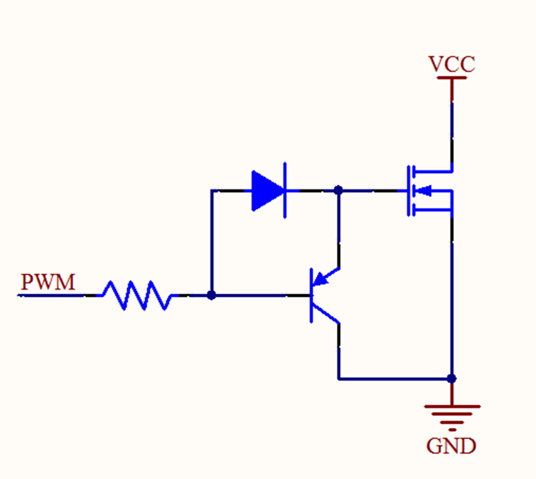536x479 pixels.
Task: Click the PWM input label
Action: pyautogui.click(x=47, y=282)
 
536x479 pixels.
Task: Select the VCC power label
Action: pyautogui.click(x=451, y=64)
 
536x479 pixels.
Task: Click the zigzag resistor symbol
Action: pyautogui.click(x=136, y=296)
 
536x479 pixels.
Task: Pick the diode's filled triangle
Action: pyautogui.click(x=267, y=191)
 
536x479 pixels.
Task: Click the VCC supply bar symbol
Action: pyautogui.click(x=451, y=78)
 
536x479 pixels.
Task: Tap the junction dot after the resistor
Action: pyautogui.click(x=211, y=296)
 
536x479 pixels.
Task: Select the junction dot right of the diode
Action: pyautogui.click(x=338, y=191)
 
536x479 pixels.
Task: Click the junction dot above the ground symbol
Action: pyautogui.click(x=451, y=378)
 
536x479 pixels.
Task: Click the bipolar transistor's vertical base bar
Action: pyautogui.click(x=311, y=296)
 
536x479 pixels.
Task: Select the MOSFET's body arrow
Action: pyautogui.click(x=425, y=191)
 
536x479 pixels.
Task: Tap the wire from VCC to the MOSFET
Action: pyautogui.click(x=451, y=125)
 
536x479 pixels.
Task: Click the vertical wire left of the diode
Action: pyautogui.click(x=211, y=242)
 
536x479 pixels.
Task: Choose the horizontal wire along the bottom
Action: pyautogui.click(x=393, y=379)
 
